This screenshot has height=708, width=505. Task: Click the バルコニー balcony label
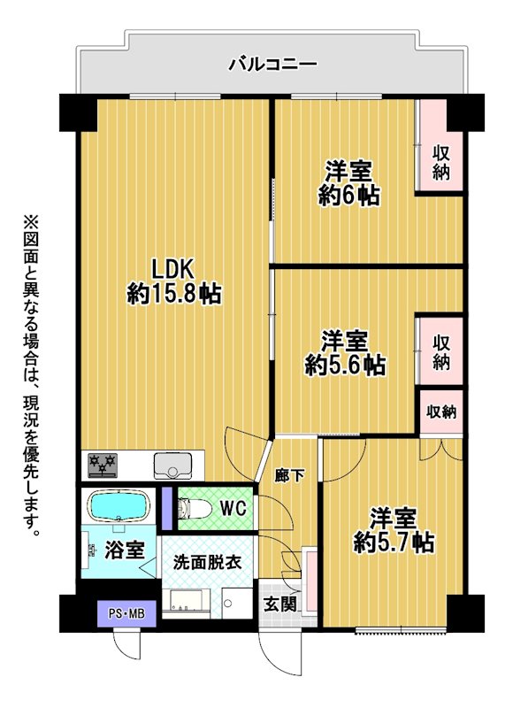272,64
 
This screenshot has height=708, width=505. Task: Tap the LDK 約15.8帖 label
173,281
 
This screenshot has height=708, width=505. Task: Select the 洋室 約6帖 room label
348,183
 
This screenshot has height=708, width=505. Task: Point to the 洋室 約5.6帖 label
345,352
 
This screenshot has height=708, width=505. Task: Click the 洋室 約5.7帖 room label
394,530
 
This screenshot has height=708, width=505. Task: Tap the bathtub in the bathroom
119,504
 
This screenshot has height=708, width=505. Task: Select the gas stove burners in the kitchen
103,465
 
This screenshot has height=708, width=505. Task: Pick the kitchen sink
172,466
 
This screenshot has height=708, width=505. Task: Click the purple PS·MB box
126,613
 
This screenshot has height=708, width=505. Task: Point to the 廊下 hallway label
289,475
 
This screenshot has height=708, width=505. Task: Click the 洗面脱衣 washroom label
208,562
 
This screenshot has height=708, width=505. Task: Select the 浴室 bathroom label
125,550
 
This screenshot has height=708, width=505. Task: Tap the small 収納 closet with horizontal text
441,412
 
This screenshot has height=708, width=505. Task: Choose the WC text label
233,509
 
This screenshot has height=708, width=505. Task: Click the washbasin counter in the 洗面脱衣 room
186,604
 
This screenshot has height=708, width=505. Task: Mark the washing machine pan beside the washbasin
237,604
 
